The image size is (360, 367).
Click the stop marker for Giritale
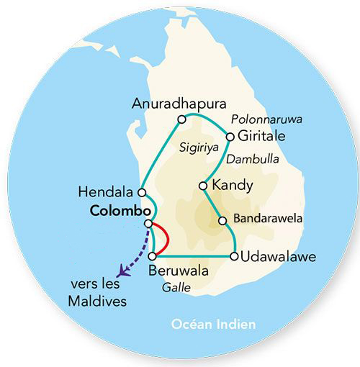230,136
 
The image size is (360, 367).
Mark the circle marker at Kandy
204,186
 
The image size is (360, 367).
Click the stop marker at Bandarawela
223,220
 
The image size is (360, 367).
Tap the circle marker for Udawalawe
234,256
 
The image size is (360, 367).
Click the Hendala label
109,192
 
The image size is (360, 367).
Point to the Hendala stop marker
142,192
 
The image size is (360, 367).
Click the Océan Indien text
215,325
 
